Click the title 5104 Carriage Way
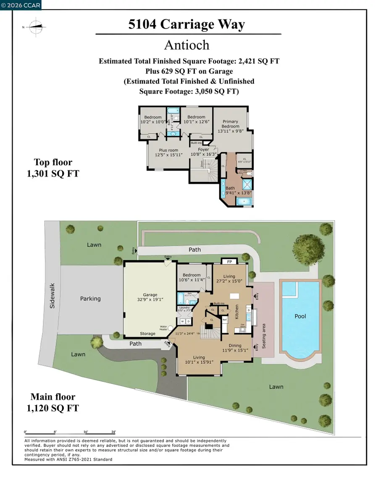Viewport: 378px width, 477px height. [x=186, y=24]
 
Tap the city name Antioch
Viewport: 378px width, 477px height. [x=186, y=44]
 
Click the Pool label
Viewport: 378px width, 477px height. [x=300, y=316]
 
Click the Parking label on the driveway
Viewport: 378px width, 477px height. [x=90, y=299]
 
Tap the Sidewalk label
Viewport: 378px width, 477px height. [x=52, y=298]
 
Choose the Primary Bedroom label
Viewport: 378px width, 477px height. [x=231, y=124]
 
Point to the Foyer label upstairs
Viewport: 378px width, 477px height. [x=204, y=149]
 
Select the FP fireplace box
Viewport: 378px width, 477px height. [x=229, y=261]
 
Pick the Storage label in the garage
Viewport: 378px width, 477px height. [x=147, y=334]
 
